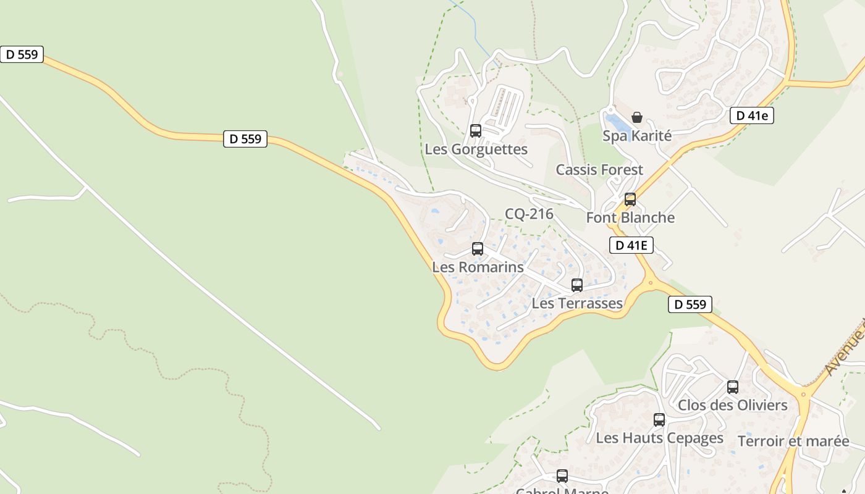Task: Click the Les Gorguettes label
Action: [476, 149]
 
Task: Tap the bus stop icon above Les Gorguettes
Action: [476, 131]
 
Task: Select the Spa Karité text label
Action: [636, 136]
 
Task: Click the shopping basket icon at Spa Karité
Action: [637, 117]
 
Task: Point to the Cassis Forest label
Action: [599, 170]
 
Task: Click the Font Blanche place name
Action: [630, 217]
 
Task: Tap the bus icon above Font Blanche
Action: [630, 199]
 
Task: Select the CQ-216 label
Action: [529, 214]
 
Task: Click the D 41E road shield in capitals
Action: [631, 245]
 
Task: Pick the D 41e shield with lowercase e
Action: [751, 115]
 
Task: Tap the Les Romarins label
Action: [478, 267]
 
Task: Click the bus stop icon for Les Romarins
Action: [478, 249]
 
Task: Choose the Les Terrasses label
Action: [577, 303]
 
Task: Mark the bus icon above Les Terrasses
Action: [577, 285]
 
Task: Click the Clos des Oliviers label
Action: [732, 405]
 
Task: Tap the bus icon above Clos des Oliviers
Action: [733, 387]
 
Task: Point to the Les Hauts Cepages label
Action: [659, 438]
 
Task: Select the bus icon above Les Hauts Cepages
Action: [659, 420]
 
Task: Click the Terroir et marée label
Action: [793, 441]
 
